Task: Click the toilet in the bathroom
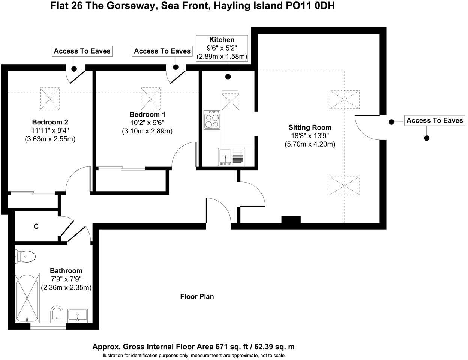[25, 257]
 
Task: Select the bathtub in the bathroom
[27, 298]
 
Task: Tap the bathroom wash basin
[78, 315]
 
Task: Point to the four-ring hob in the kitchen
[212, 120]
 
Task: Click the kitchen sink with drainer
[231, 157]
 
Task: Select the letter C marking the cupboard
[36, 226]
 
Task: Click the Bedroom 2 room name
[50, 122]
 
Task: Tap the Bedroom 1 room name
[147, 114]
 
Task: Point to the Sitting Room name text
[310, 127]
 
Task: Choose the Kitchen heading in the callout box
[222, 40]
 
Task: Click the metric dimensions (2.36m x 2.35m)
[66, 288]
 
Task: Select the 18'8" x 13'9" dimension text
[310, 136]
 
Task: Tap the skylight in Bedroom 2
[50, 99]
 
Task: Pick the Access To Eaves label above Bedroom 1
[162, 51]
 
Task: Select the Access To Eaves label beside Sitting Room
[435, 120]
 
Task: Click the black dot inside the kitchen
[228, 76]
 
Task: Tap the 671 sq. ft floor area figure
[232, 346]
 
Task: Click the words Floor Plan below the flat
[197, 297]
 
